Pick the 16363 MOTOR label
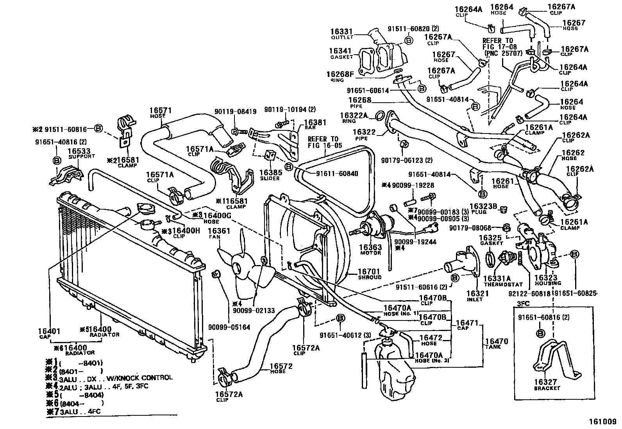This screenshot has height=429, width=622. pyautogui.click(x=370, y=247)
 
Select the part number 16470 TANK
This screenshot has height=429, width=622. pyautogui.click(x=496, y=342)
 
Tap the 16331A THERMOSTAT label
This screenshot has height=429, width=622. pyautogui.click(x=497, y=279)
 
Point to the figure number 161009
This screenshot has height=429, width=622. pyautogui.click(x=602, y=422)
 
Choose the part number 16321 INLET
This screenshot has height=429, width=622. pyautogui.click(x=475, y=294)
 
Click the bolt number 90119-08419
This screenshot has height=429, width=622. pyautogui.click(x=235, y=112)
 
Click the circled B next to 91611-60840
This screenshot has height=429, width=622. pyautogui.click(x=289, y=167)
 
